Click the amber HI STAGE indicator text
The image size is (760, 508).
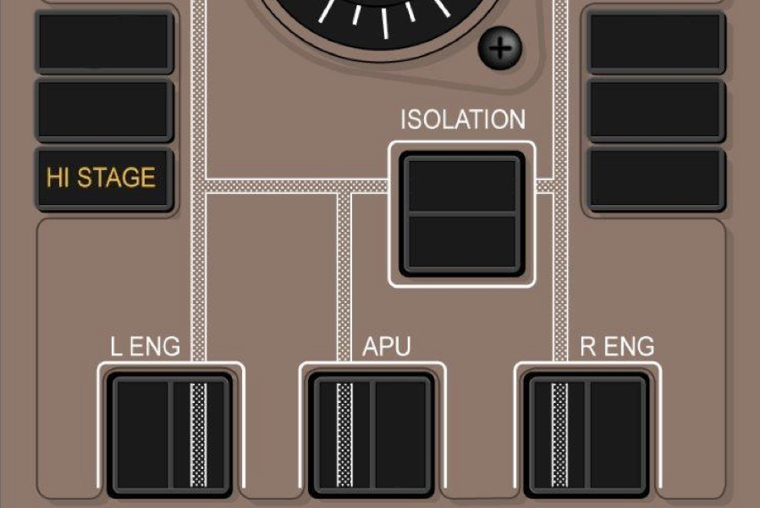tap(102, 178)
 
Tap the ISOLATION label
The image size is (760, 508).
tap(462, 119)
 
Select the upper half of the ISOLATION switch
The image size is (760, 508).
tap(462, 184)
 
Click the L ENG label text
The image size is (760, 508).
tap(146, 346)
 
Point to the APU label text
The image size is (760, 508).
tap(387, 346)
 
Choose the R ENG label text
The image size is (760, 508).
tap(617, 346)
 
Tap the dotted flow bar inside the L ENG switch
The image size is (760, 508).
tap(198, 433)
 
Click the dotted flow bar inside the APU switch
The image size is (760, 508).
tap(344, 433)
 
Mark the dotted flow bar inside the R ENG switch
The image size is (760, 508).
tap(559, 433)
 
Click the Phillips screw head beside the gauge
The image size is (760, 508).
tap(500, 48)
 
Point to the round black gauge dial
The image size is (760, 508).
tap(381, 17)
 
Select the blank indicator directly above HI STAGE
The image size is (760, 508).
tap(104, 110)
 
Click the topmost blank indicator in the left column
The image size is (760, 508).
tap(104, 41)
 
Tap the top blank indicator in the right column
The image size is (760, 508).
tap(656, 41)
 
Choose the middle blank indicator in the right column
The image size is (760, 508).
tap(656, 110)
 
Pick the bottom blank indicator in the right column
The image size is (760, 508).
tap(656, 179)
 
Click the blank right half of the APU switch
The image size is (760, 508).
tap(401, 433)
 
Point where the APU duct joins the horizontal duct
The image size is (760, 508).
tap(344, 185)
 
